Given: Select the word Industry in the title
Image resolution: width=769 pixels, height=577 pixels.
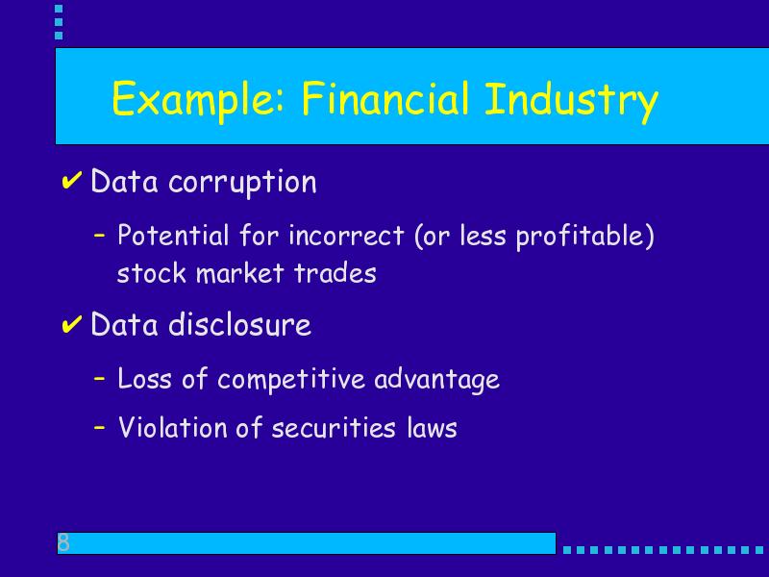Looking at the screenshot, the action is click(x=571, y=101).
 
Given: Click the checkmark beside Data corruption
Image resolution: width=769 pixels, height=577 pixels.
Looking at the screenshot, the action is click(x=71, y=181).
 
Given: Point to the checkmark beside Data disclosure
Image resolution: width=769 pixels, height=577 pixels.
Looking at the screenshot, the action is click(x=71, y=324).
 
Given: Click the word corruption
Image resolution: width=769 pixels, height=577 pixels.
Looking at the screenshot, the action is click(x=242, y=183).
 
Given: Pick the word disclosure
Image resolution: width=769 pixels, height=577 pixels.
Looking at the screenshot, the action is click(x=239, y=324).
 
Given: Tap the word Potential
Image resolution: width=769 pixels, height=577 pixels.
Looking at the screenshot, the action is click(x=173, y=235).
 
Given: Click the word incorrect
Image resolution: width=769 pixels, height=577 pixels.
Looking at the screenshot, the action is click(x=346, y=236).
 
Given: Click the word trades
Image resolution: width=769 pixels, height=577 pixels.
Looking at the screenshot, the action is click(x=335, y=273).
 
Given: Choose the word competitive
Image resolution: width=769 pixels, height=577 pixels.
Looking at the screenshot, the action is click(x=291, y=380).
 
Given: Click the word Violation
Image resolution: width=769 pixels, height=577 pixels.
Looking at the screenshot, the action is click(x=173, y=427).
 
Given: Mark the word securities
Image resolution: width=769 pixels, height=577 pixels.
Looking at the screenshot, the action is click(x=333, y=427).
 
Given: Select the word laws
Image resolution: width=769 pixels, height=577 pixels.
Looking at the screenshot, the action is click(x=432, y=427).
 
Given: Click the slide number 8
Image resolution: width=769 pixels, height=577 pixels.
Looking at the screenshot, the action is click(x=63, y=542).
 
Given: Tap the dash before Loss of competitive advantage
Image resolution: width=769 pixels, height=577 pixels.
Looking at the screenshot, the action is click(x=100, y=379).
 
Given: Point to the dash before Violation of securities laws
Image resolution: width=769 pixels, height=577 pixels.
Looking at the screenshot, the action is click(x=100, y=427).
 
